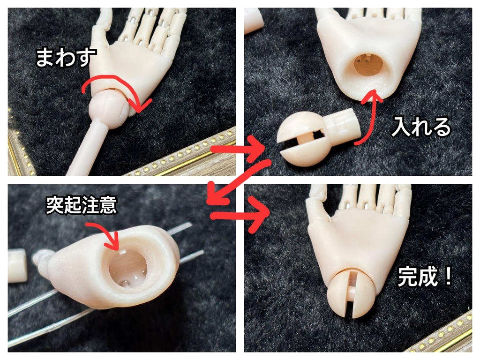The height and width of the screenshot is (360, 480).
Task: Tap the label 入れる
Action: (x=421, y=127)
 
